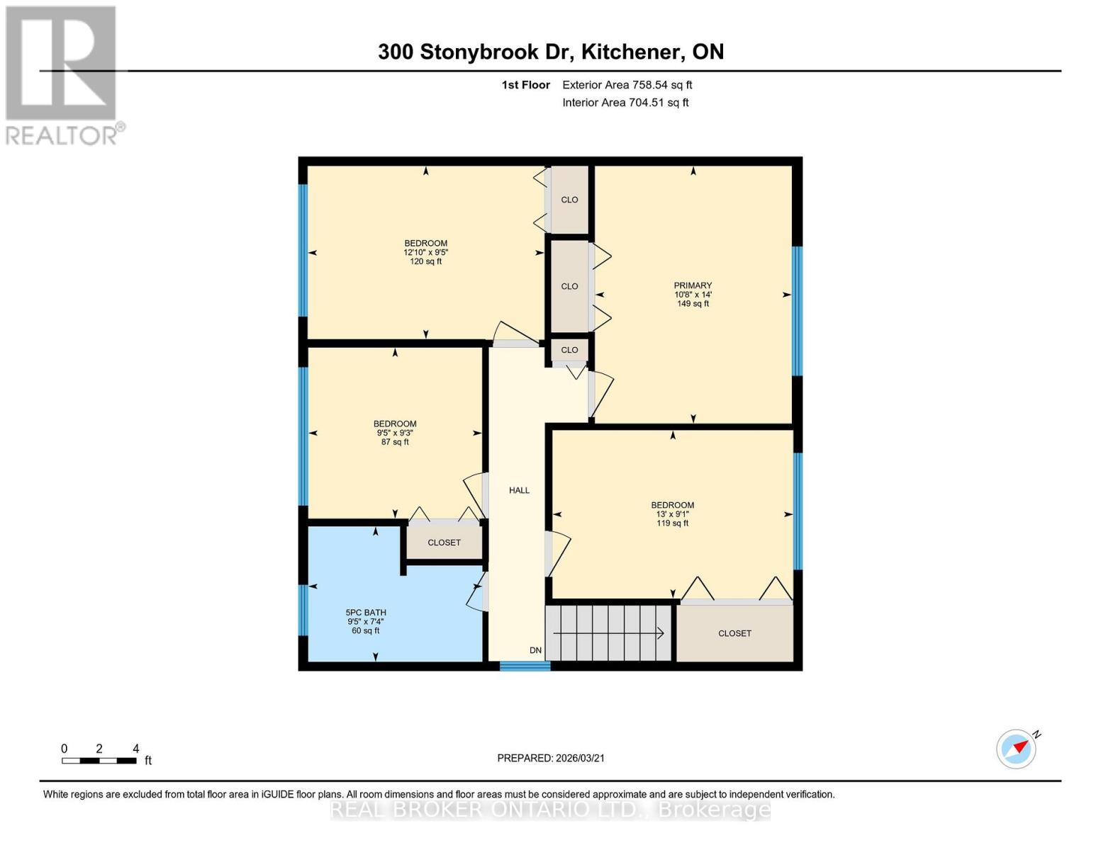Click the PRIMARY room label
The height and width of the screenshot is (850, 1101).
point(693,285)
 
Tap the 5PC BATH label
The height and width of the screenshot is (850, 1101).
point(366,613)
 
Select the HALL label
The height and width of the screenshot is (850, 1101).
point(519,490)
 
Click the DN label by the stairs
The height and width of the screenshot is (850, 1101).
point(535,650)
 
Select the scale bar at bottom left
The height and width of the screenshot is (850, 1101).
point(99,761)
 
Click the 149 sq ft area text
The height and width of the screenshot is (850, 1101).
point(693,304)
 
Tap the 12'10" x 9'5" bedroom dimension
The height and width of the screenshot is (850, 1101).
point(425,252)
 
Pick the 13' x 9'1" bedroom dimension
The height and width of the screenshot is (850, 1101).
point(672,514)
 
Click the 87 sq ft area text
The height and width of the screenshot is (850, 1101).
point(395,442)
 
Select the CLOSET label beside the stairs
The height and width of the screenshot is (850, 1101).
point(734,633)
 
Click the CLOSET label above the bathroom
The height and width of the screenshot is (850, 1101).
point(444,543)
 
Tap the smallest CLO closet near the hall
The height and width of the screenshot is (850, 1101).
point(569,350)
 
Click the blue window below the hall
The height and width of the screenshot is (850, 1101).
point(525,666)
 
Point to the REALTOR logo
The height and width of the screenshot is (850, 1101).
point(62,74)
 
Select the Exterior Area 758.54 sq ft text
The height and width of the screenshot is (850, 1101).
point(627,85)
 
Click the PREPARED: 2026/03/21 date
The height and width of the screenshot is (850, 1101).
point(551,758)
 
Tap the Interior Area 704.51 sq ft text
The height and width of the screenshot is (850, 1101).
point(625,103)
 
